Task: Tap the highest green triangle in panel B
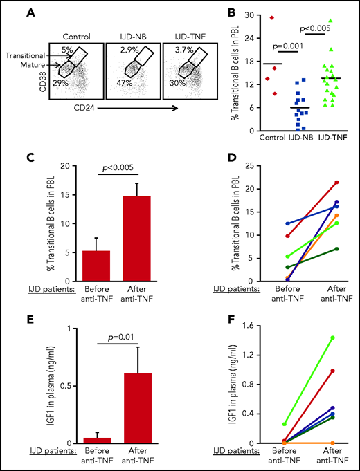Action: click(330, 21)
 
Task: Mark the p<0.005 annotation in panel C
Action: click(101, 168)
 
